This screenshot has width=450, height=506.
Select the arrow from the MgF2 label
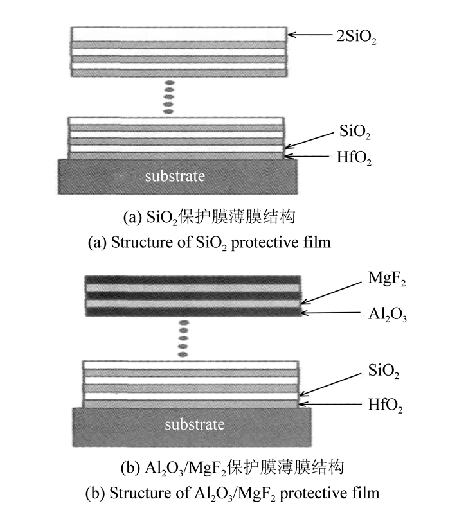click(332, 288)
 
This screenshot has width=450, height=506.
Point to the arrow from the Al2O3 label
click(325, 313)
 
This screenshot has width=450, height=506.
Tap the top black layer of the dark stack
click(193, 282)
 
